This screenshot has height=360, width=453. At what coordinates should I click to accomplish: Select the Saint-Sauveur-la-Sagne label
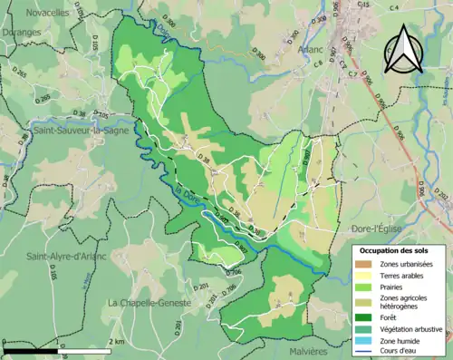click(x=71, y=132)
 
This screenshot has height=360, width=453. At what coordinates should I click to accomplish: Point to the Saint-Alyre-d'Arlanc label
click(x=66, y=255)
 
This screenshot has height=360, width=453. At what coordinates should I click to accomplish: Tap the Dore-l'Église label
click(x=375, y=222)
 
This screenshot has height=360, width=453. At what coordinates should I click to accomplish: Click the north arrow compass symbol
click(x=402, y=50)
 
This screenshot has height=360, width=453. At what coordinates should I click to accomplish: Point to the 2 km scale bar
click(x=58, y=348)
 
